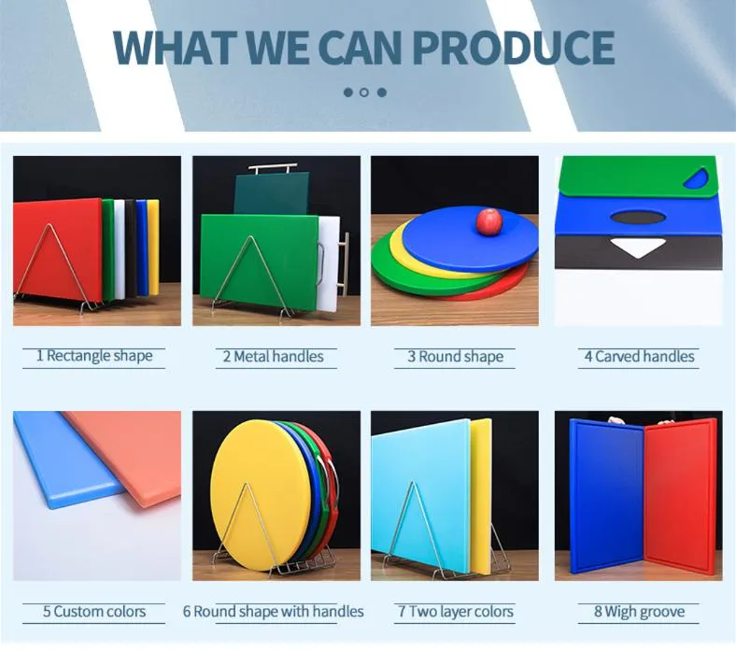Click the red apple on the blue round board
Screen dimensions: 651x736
[x=489, y=221]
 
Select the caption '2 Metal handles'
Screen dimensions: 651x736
[x=273, y=356]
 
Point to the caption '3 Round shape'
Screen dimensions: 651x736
[x=455, y=356]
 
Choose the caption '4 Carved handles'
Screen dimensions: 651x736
[x=639, y=356]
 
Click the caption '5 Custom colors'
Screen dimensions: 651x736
[x=93, y=612]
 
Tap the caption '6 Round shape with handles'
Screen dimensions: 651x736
[x=273, y=612]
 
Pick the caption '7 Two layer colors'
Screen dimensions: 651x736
[x=455, y=612]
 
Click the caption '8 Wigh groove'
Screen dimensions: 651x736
[x=639, y=612]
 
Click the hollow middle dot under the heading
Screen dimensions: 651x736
[x=364, y=92]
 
